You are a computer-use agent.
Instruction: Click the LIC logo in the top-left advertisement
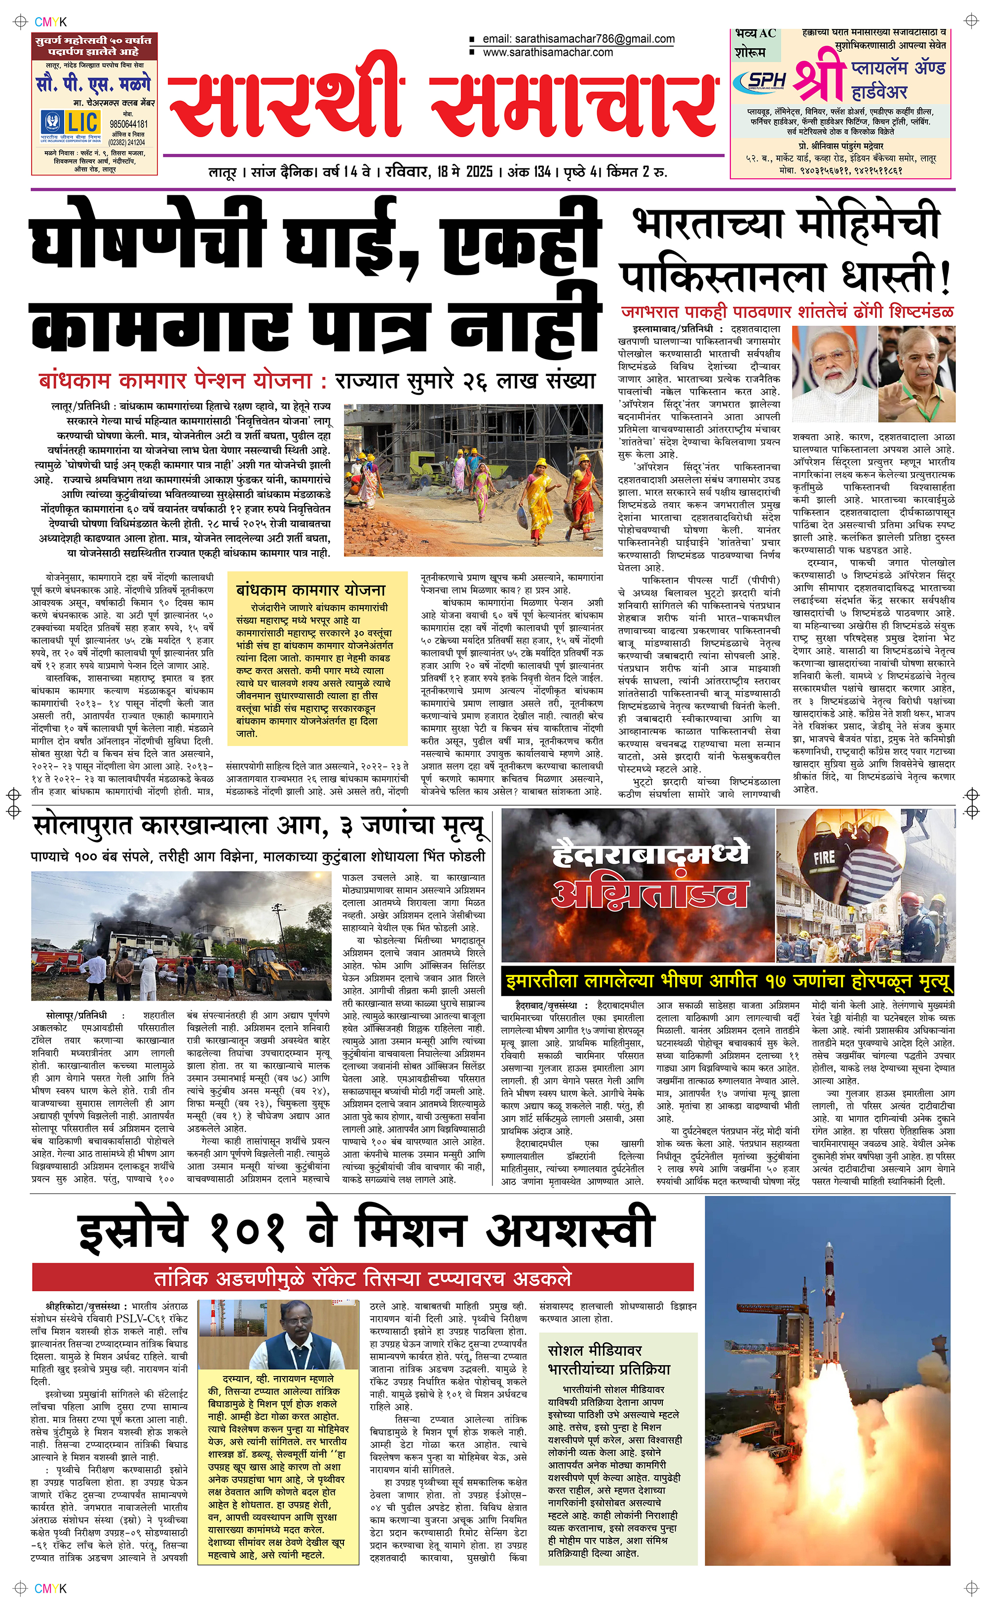tap(71, 121)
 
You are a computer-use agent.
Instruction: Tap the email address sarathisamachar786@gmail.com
tap(578, 39)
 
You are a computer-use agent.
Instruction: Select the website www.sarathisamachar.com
tap(548, 52)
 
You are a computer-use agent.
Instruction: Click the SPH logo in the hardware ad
tap(760, 81)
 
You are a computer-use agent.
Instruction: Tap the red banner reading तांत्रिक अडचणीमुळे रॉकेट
tap(362, 1278)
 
